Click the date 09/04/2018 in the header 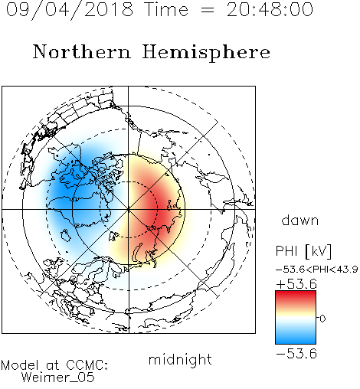(70, 9)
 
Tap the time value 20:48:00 (270, 9)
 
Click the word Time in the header (166, 9)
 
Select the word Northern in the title (82, 51)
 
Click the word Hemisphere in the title (206, 52)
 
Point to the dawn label (300, 220)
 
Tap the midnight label (180, 360)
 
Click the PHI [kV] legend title (303, 251)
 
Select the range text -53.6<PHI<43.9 (317, 270)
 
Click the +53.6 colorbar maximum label (296, 284)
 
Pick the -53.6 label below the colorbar (296, 354)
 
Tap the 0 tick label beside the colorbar (322, 319)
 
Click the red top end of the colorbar (296, 293)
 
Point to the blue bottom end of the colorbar (296, 342)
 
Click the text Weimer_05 (58, 378)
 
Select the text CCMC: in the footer (87, 365)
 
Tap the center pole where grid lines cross (129, 209)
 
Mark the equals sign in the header (207, 10)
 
